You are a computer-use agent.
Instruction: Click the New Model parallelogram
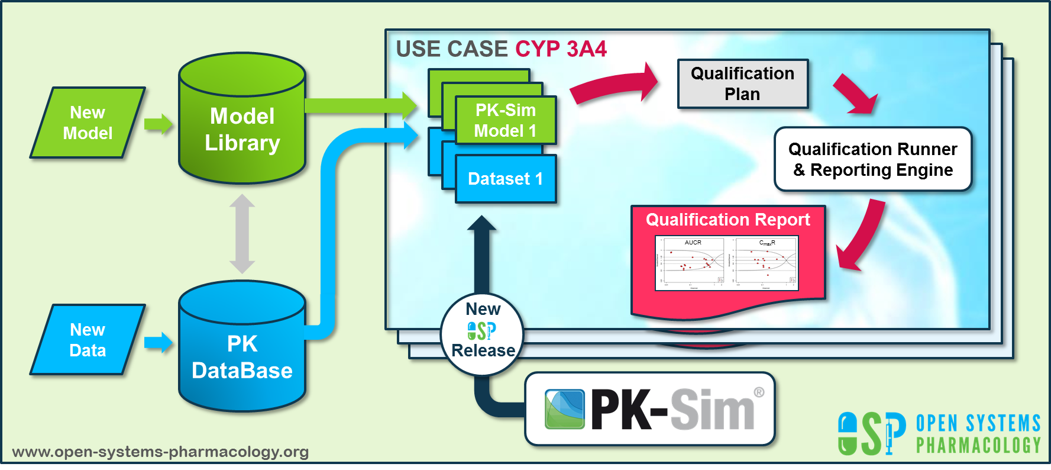(x=88, y=123)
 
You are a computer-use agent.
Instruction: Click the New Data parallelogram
(x=88, y=340)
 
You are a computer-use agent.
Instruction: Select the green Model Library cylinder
(x=242, y=127)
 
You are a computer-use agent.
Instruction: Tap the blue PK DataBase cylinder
(x=242, y=355)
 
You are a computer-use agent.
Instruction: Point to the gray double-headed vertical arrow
(x=242, y=233)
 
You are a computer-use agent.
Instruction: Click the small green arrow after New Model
(x=158, y=124)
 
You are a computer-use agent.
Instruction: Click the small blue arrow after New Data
(x=158, y=342)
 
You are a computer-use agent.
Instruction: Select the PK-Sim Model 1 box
(x=506, y=120)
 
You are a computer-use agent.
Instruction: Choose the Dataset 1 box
(x=506, y=179)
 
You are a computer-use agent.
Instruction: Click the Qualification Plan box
(x=742, y=83)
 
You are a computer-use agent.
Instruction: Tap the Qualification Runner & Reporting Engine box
(x=872, y=159)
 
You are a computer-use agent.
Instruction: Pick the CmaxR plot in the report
(x=767, y=263)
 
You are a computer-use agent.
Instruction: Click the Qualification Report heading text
(x=727, y=220)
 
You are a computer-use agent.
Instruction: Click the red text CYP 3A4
(x=561, y=49)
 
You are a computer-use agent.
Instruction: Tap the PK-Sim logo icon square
(x=564, y=409)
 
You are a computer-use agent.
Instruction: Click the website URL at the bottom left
(x=160, y=452)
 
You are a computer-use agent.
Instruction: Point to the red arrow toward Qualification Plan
(x=615, y=86)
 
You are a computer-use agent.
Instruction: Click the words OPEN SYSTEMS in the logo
(x=978, y=424)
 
